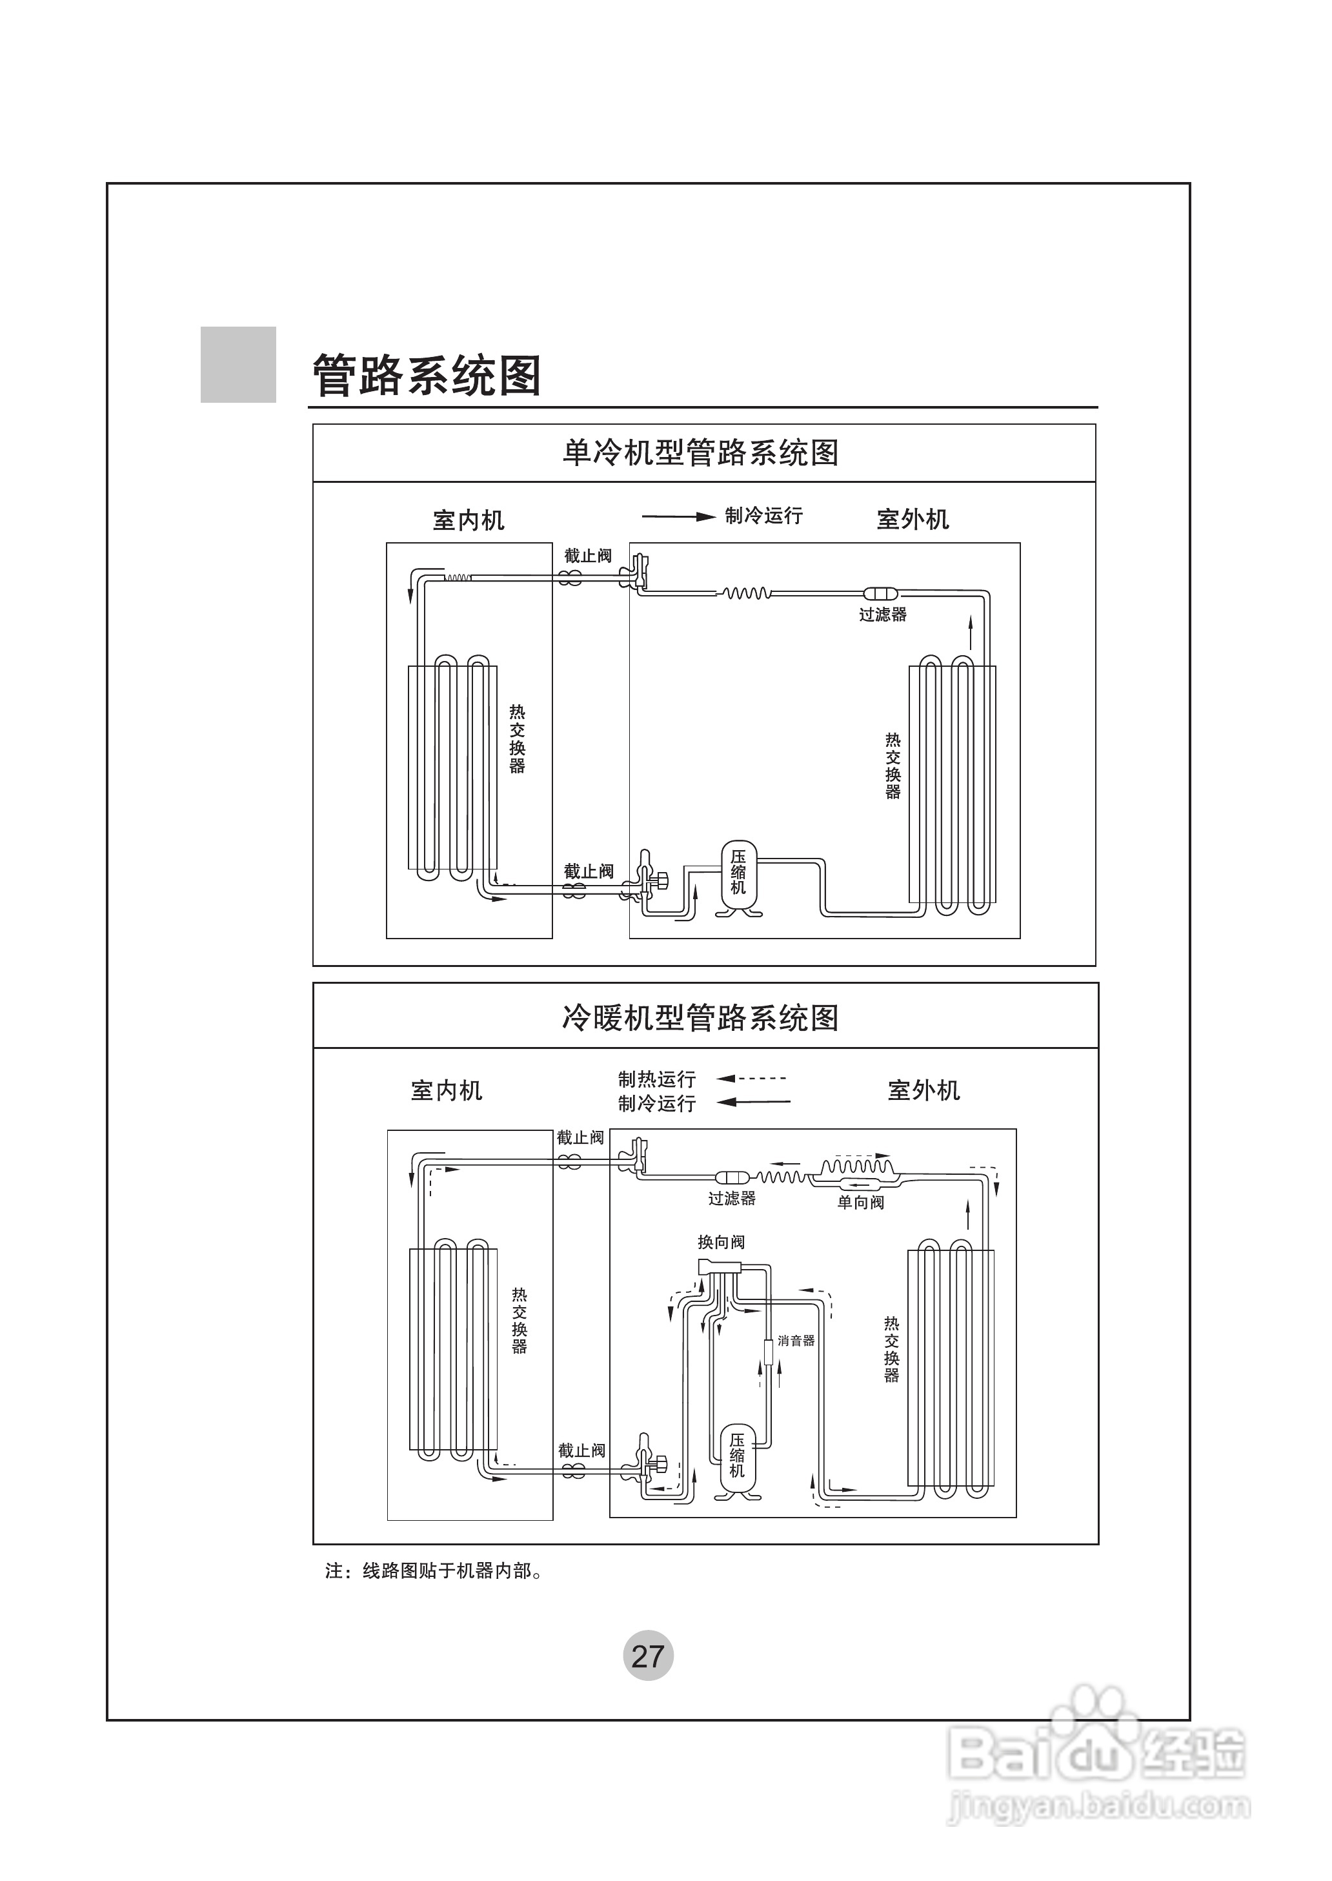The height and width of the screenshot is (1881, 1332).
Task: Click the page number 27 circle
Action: [x=648, y=1656]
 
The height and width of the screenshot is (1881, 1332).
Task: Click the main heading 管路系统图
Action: [x=427, y=376]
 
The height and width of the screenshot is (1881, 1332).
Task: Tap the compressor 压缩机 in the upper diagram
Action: [x=738, y=875]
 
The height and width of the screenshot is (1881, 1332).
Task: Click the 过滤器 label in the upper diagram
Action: [x=883, y=615]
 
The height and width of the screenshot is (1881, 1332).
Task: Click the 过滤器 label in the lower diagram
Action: [x=732, y=1199]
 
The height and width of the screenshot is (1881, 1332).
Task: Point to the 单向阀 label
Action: [x=860, y=1203]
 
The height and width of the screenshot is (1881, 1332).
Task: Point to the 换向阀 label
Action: [x=721, y=1242]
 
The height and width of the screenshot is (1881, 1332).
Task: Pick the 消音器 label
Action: [x=796, y=1341]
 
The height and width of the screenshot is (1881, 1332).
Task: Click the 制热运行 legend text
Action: [x=657, y=1079]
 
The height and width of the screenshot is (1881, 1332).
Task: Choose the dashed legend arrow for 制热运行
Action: [x=752, y=1079]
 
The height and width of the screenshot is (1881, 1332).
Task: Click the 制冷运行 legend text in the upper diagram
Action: [x=763, y=516]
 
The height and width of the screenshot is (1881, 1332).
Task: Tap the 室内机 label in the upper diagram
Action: [x=469, y=520]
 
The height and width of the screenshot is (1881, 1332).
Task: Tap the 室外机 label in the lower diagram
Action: [x=923, y=1091]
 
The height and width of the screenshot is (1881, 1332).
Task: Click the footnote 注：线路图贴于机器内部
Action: [x=434, y=1571]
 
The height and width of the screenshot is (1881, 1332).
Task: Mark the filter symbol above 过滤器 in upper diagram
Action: [x=881, y=593]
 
